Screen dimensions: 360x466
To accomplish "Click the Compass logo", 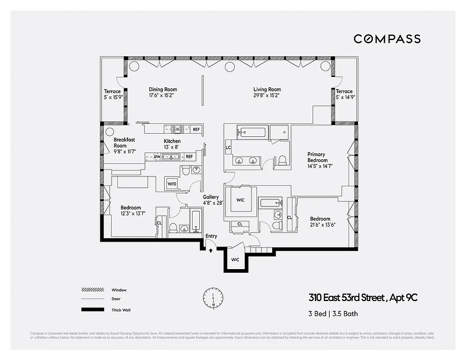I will point(387,39).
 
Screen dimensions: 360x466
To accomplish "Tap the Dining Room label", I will point(163,90).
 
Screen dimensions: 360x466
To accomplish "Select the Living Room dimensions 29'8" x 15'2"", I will point(267,96).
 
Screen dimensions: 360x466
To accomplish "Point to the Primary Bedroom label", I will point(316,157).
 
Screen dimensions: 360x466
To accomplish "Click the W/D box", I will point(172,184).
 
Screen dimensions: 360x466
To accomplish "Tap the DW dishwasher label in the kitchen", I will point(157,157).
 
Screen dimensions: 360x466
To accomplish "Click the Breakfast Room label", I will point(124,143).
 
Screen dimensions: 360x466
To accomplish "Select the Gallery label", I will point(211,197).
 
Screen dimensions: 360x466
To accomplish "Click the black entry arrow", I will point(211,251).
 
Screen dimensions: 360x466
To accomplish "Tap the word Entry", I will point(211,236).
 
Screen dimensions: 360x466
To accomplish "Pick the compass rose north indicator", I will point(213,297).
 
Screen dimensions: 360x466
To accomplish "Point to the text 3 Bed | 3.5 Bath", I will point(333,314).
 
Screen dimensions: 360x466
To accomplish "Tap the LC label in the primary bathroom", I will point(228,148).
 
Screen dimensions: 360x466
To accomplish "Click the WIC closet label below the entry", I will point(235,260).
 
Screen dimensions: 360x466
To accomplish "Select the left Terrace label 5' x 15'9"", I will point(112,94).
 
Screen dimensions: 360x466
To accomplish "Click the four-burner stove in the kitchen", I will point(177,130).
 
